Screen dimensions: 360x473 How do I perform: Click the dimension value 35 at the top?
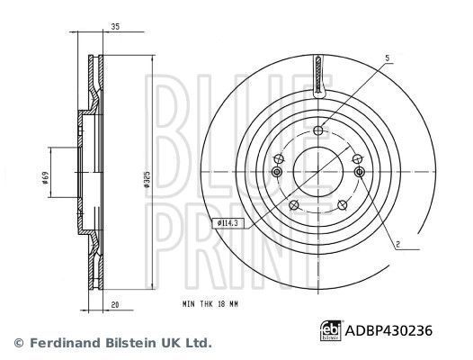click(x=115, y=28)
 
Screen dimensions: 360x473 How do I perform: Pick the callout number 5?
click(x=388, y=58)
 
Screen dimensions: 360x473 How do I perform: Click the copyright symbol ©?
click(x=18, y=342)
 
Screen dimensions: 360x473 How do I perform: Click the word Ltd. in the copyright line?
click(x=197, y=342)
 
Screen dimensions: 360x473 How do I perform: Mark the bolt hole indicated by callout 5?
click(x=318, y=131)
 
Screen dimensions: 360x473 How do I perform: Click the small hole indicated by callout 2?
click(x=360, y=172)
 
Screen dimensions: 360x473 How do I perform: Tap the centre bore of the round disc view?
click(x=318, y=168)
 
